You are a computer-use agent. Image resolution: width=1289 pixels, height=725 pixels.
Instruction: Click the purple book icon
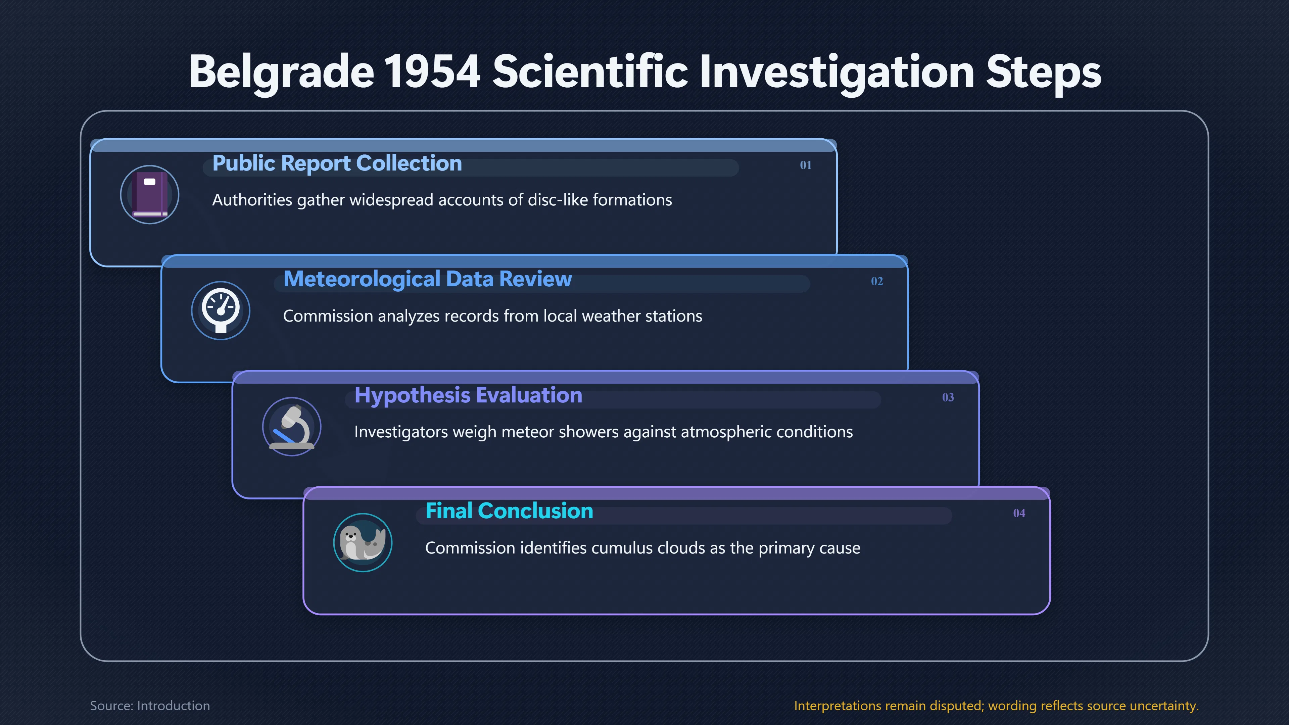point(150,195)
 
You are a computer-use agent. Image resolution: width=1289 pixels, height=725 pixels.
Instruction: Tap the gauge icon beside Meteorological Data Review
point(221,310)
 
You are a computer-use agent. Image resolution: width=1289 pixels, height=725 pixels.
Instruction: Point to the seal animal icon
point(363,543)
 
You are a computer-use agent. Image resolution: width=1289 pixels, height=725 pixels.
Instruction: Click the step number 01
point(806,165)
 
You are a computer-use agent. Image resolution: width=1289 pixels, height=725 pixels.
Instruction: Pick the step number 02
point(877,281)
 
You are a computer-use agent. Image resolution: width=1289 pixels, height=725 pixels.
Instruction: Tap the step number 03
point(948,397)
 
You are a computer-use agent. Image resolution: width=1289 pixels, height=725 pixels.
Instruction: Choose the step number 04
point(1019,513)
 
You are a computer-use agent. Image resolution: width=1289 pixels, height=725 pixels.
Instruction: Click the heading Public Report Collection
point(337,163)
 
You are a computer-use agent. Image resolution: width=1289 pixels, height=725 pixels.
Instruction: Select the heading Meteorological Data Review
point(427,280)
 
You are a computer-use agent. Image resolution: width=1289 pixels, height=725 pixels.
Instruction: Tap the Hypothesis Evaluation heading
point(468,396)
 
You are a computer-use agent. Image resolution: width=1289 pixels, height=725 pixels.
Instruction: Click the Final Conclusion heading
point(509,511)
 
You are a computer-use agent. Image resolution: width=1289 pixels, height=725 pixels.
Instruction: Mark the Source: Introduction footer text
point(150,706)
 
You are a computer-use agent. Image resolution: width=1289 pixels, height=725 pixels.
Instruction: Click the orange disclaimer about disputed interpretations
point(996,706)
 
